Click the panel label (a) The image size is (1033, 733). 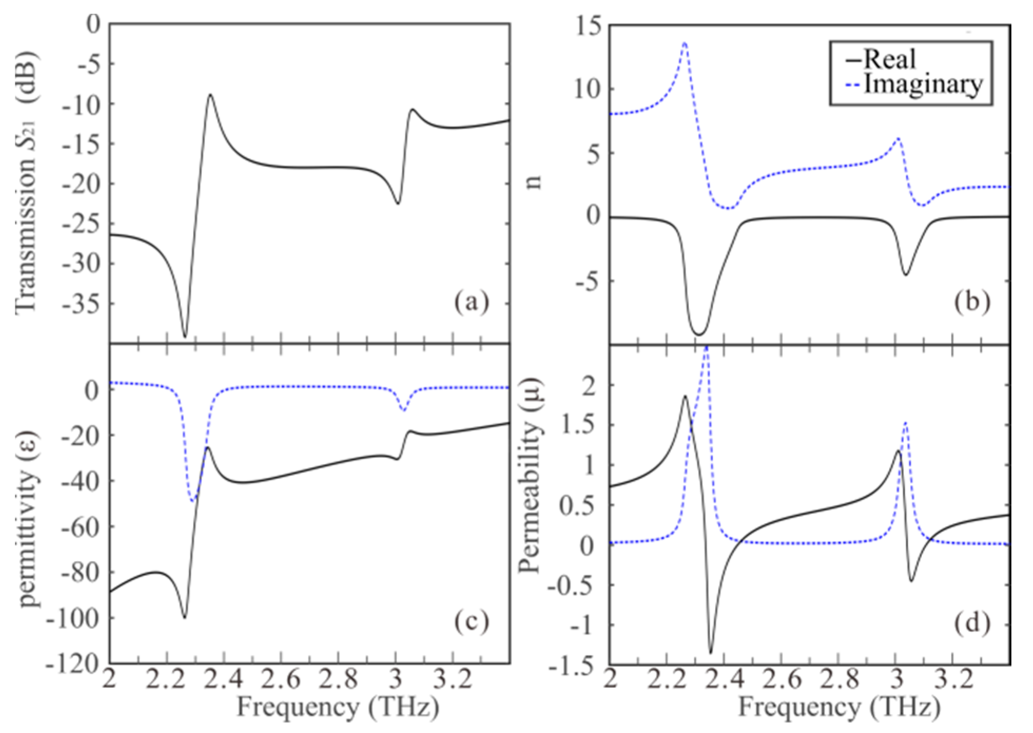coord(472,302)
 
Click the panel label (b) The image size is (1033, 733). coord(972,302)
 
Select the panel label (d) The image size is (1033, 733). coord(972,623)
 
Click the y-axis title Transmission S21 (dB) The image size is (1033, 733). coord(26,182)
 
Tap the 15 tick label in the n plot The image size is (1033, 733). coord(589,26)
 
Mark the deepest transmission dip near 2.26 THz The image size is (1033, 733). coord(184,336)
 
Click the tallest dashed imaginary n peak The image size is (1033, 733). coord(685,43)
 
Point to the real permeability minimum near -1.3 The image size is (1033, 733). coord(710,652)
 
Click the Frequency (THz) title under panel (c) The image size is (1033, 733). coord(337,707)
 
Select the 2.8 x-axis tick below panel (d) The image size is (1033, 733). coord(839,680)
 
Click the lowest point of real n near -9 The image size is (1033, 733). coord(699,334)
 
